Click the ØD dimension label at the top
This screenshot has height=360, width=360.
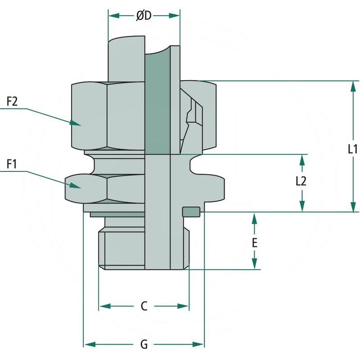(x=144, y=16)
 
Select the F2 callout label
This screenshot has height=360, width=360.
(x=12, y=102)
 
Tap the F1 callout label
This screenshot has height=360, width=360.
(x=12, y=164)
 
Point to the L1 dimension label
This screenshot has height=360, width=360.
(x=352, y=149)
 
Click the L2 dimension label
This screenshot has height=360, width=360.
(x=301, y=181)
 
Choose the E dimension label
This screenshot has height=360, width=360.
(x=254, y=243)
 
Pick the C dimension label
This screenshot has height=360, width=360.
(x=144, y=306)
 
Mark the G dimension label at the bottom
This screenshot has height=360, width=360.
(x=144, y=345)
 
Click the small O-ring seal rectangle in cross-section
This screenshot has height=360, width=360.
(x=191, y=211)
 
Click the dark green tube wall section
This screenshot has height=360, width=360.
(x=157, y=103)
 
